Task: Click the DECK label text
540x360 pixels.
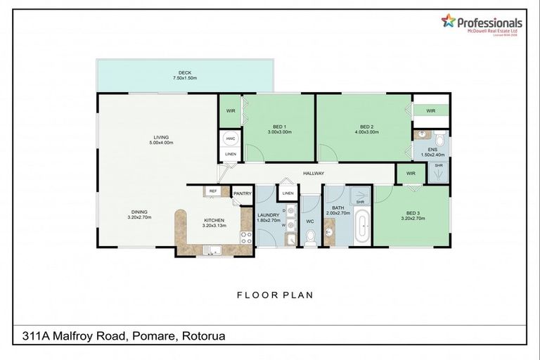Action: pyautogui.click(x=185, y=72)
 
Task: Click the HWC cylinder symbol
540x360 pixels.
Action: pyautogui.click(x=230, y=139)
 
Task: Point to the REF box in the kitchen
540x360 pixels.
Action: pyautogui.click(x=212, y=191)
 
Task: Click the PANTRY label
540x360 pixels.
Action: pyautogui.click(x=243, y=193)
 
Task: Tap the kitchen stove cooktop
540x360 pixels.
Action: pyautogui.click(x=246, y=238)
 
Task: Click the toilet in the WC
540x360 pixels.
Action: pyautogui.click(x=310, y=238)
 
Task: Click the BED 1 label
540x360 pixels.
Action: pyautogui.click(x=278, y=127)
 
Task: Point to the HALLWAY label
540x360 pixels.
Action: pyautogui.click(x=314, y=173)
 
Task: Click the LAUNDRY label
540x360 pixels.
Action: pyautogui.click(x=269, y=215)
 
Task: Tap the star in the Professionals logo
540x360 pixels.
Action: pyautogui.click(x=448, y=21)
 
